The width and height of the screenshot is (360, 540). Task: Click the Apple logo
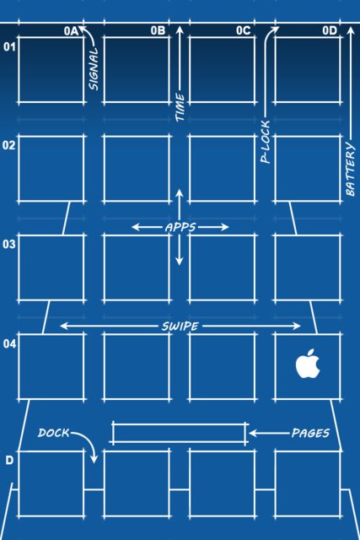pyautogui.click(x=308, y=364)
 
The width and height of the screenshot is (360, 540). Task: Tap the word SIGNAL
pyautogui.click(x=94, y=69)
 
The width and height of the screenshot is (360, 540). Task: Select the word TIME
pyautogui.click(x=180, y=107)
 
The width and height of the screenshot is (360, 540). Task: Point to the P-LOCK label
pyautogui.click(x=266, y=142)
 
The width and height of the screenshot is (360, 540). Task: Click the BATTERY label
pyautogui.click(x=350, y=169)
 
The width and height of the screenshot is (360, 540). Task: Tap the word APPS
pyautogui.click(x=180, y=227)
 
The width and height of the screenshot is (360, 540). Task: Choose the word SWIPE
pyautogui.click(x=180, y=327)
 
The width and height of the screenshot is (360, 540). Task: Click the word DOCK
pyautogui.click(x=54, y=433)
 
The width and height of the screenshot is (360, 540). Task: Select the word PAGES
pyautogui.click(x=310, y=433)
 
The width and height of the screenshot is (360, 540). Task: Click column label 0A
pyautogui.click(x=72, y=31)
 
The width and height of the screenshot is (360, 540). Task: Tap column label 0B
pyautogui.click(x=158, y=30)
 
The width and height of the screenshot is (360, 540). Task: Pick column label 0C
pyautogui.click(x=244, y=30)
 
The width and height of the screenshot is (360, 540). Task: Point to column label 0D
pyautogui.click(x=330, y=30)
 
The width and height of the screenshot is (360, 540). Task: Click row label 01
pyautogui.click(x=9, y=46)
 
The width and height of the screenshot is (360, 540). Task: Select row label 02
pyautogui.click(x=9, y=145)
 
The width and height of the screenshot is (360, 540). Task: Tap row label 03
pyautogui.click(x=9, y=244)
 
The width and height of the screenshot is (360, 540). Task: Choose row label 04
pyautogui.click(x=9, y=343)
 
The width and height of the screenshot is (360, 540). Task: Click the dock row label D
pyautogui.click(x=9, y=460)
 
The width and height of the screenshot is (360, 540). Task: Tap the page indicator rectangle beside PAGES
pyautogui.click(x=179, y=433)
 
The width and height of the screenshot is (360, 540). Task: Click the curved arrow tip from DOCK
pyautogui.click(x=94, y=462)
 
